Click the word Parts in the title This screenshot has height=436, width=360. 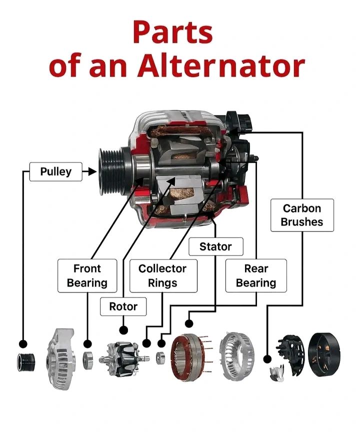click(172, 33)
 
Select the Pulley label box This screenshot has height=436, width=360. click(55, 172)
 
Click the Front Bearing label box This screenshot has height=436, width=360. click(87, 275)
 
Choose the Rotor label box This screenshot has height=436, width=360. click(123, 306)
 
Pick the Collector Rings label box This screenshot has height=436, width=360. click(162, 275)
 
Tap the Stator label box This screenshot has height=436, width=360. click(215, 246)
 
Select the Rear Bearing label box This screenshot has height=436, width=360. click(256, 275)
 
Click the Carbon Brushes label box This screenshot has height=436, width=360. click(301, 215)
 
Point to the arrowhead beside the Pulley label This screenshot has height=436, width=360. click(90, 172)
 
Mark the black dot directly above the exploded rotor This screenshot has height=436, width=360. click(123, 330)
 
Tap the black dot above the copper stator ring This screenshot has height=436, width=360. click(189, 322)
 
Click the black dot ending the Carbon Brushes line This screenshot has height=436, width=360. click(267, 359)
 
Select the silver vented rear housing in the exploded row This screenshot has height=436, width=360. click(239, 356)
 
